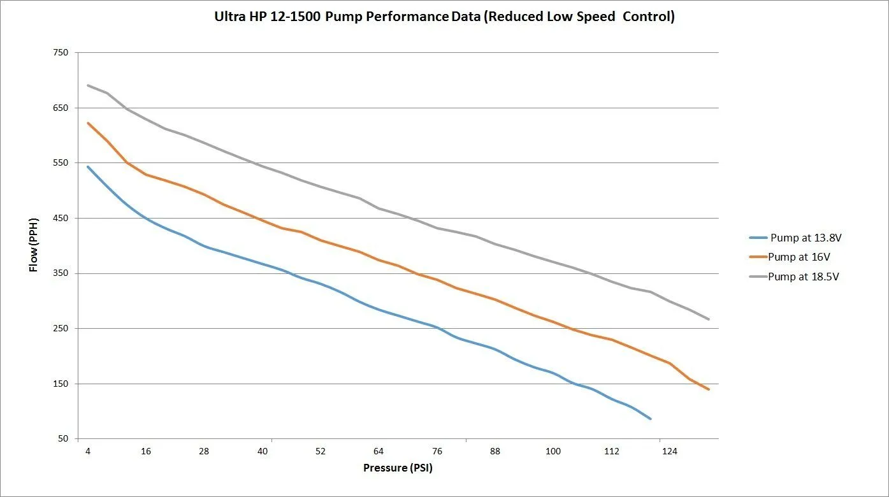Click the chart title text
(444, 17)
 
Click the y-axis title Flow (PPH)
(34, 245)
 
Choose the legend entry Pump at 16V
(799, 257)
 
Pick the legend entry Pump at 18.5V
(803, 277)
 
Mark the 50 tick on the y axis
(62, 439)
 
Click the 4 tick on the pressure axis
(88, 451)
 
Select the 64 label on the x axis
(379, 451)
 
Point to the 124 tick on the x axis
(669, 451)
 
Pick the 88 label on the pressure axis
(495, 451)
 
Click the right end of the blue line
(650, 419)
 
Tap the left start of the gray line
(88, 85)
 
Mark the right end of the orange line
(708, 389)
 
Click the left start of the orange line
(88, 123)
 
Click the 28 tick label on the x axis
(204, 451)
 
